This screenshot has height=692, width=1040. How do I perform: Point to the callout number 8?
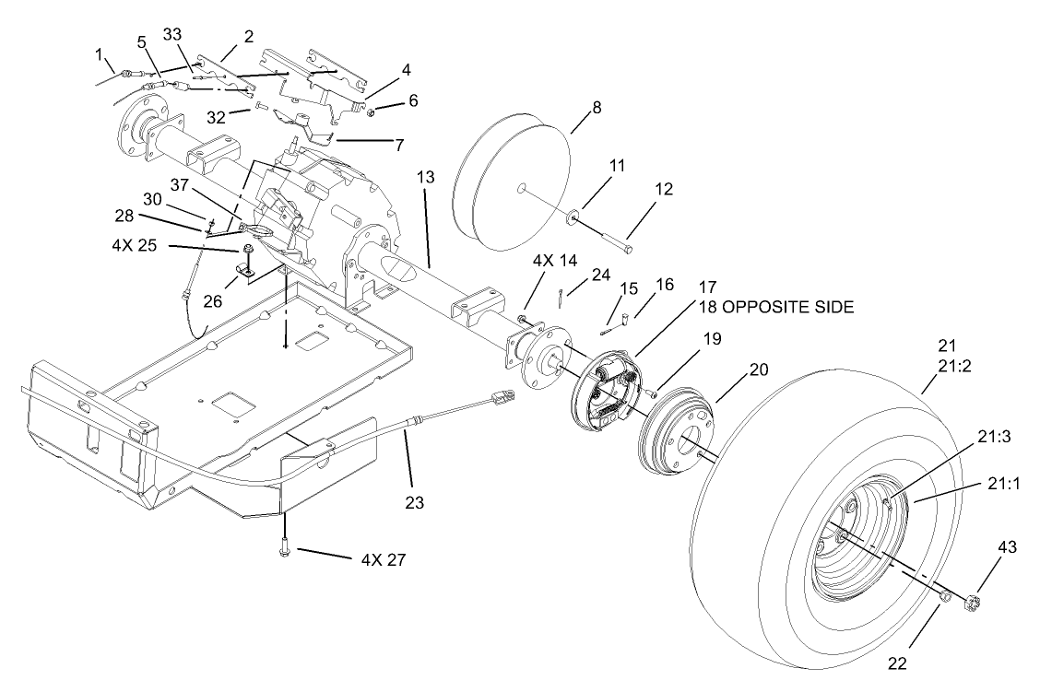596,108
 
